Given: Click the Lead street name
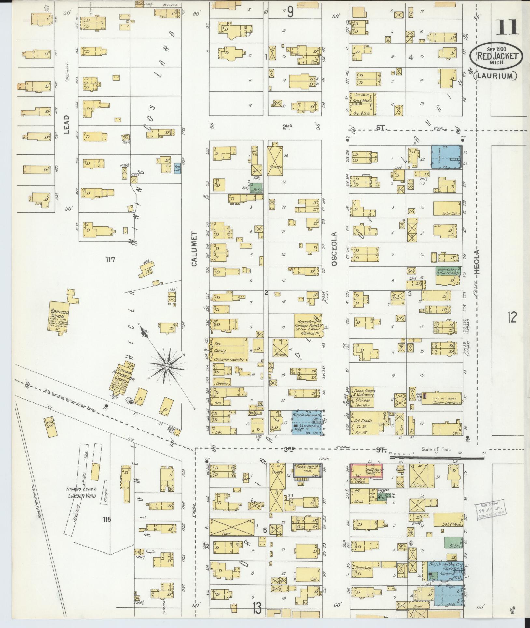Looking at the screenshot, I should point(67,124).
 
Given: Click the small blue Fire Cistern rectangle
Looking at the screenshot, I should point(177,168).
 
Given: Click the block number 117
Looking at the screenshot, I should point(111,260).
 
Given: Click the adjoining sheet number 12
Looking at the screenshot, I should point(511,317).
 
